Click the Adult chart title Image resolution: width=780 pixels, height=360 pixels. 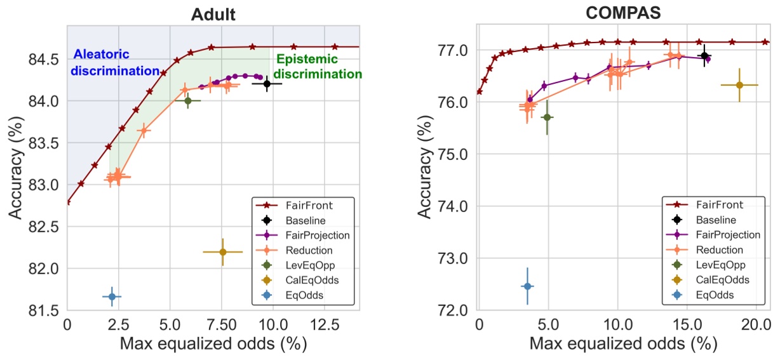coord(213,14)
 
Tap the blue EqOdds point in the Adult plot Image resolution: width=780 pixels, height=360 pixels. coord(112,297)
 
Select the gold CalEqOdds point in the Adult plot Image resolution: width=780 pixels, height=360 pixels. coord(223,252)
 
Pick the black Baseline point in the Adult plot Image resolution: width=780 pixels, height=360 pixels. coord(267,83)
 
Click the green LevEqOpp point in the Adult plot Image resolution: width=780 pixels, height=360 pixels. coord(188,100)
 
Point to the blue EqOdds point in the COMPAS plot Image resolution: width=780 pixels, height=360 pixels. coord(527,286)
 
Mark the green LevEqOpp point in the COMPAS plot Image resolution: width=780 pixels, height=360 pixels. coord(547,117)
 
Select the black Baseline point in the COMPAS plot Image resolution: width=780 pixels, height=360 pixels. coord(704,56)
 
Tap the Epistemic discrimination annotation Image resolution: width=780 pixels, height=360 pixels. coord(314,67)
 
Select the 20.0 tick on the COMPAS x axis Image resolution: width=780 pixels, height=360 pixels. coord(756,324)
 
